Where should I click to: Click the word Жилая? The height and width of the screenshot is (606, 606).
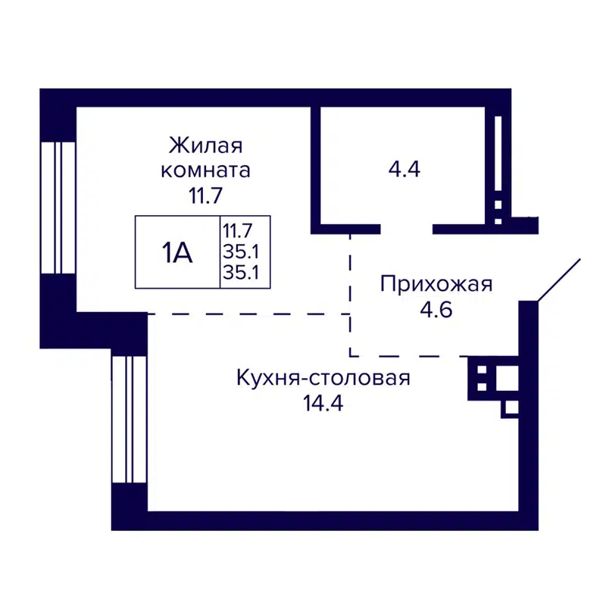click(205, 144)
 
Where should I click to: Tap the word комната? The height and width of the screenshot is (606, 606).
click(205, 170)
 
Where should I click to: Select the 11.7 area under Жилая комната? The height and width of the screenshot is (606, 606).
click(205, 195)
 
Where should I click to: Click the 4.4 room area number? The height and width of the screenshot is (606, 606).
click(404, 169)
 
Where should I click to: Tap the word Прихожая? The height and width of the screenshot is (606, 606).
click(436, 285)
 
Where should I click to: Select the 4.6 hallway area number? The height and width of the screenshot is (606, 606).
click(436, 311)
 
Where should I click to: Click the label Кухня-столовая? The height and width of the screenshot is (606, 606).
click(323, 377)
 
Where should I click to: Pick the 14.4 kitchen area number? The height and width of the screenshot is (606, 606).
click(323, 403)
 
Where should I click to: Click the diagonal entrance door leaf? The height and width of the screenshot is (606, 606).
click(559, 280)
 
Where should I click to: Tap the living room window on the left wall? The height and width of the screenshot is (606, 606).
click(58, 207)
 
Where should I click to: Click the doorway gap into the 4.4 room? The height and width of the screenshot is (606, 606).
click(406, 227)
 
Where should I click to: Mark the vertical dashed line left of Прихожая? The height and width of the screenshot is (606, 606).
click(350, 295)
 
